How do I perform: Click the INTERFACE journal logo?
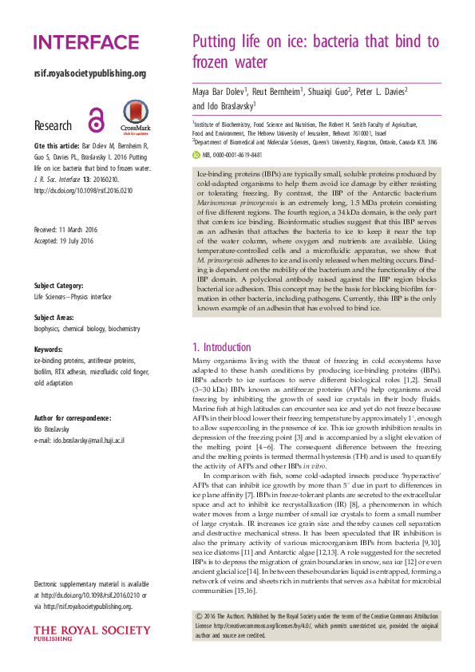86,43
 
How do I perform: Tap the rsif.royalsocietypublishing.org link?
90,73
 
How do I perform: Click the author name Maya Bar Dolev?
221,92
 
